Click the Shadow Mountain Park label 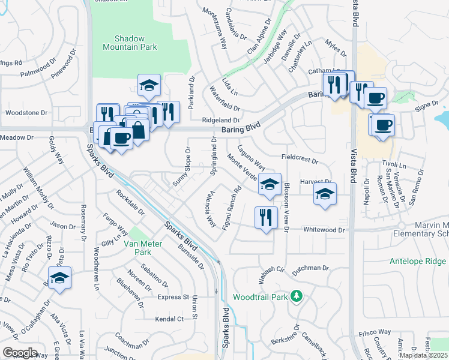coord(123,42)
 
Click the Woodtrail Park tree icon coord(295,296)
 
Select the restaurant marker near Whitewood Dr coord(266,218)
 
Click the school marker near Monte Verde coord(270,185)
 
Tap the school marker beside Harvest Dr coord(325,194)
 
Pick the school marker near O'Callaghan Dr coord(59,278)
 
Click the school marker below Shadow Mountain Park coord(149,86)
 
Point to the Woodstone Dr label coord(26,113)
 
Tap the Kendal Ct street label coord(169,319)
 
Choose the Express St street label coord(173,297)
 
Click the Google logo coord(20,352)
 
